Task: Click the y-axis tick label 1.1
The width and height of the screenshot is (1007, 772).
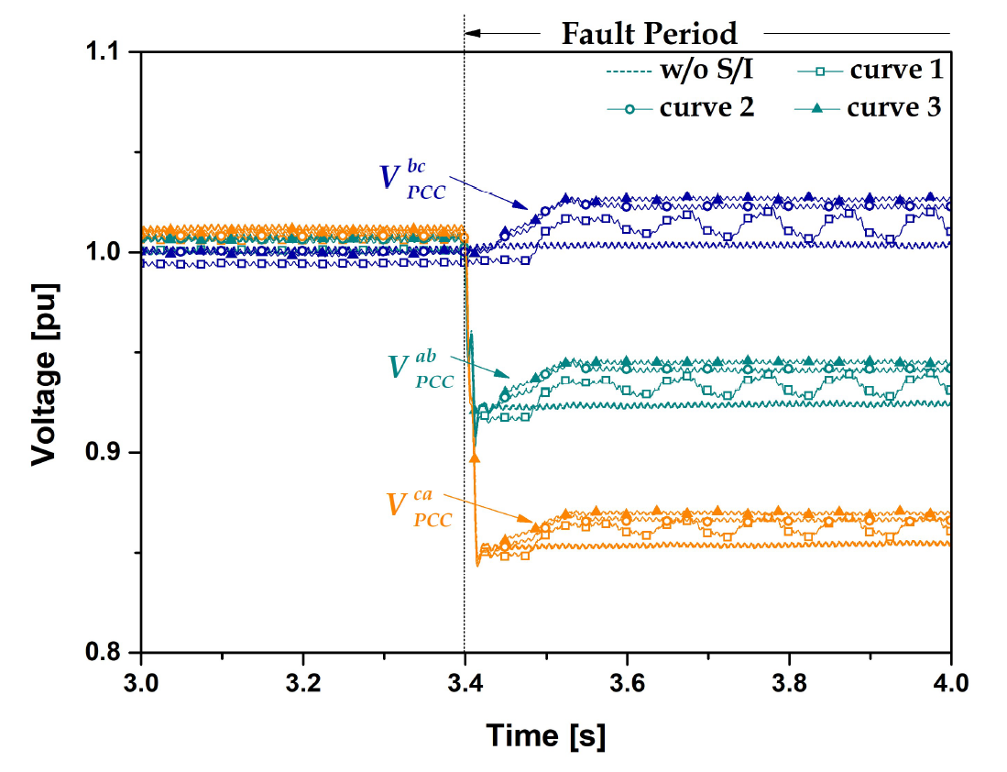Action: coord(108,52)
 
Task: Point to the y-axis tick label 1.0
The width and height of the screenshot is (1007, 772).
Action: coord(108,252)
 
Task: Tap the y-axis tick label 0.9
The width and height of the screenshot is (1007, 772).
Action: coord(108,452)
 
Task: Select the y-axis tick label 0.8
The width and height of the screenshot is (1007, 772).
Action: coord(108,652)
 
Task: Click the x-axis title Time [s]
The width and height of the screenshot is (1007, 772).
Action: coord(545,734)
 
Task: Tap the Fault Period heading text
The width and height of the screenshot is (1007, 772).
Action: coord(649,34)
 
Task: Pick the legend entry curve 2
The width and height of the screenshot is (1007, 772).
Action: coord(706,107)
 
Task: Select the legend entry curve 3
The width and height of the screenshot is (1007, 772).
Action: coord(894,107)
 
